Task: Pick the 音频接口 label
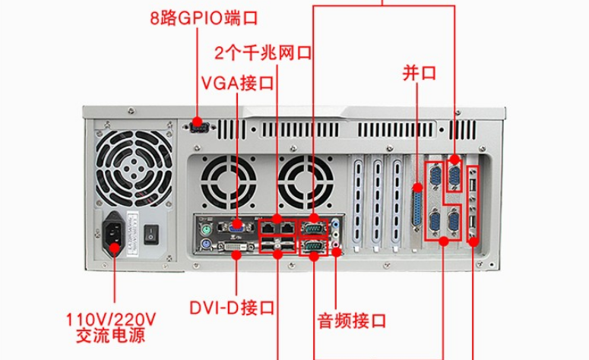click(352, 317)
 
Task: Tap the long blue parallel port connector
click(418, 207)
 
